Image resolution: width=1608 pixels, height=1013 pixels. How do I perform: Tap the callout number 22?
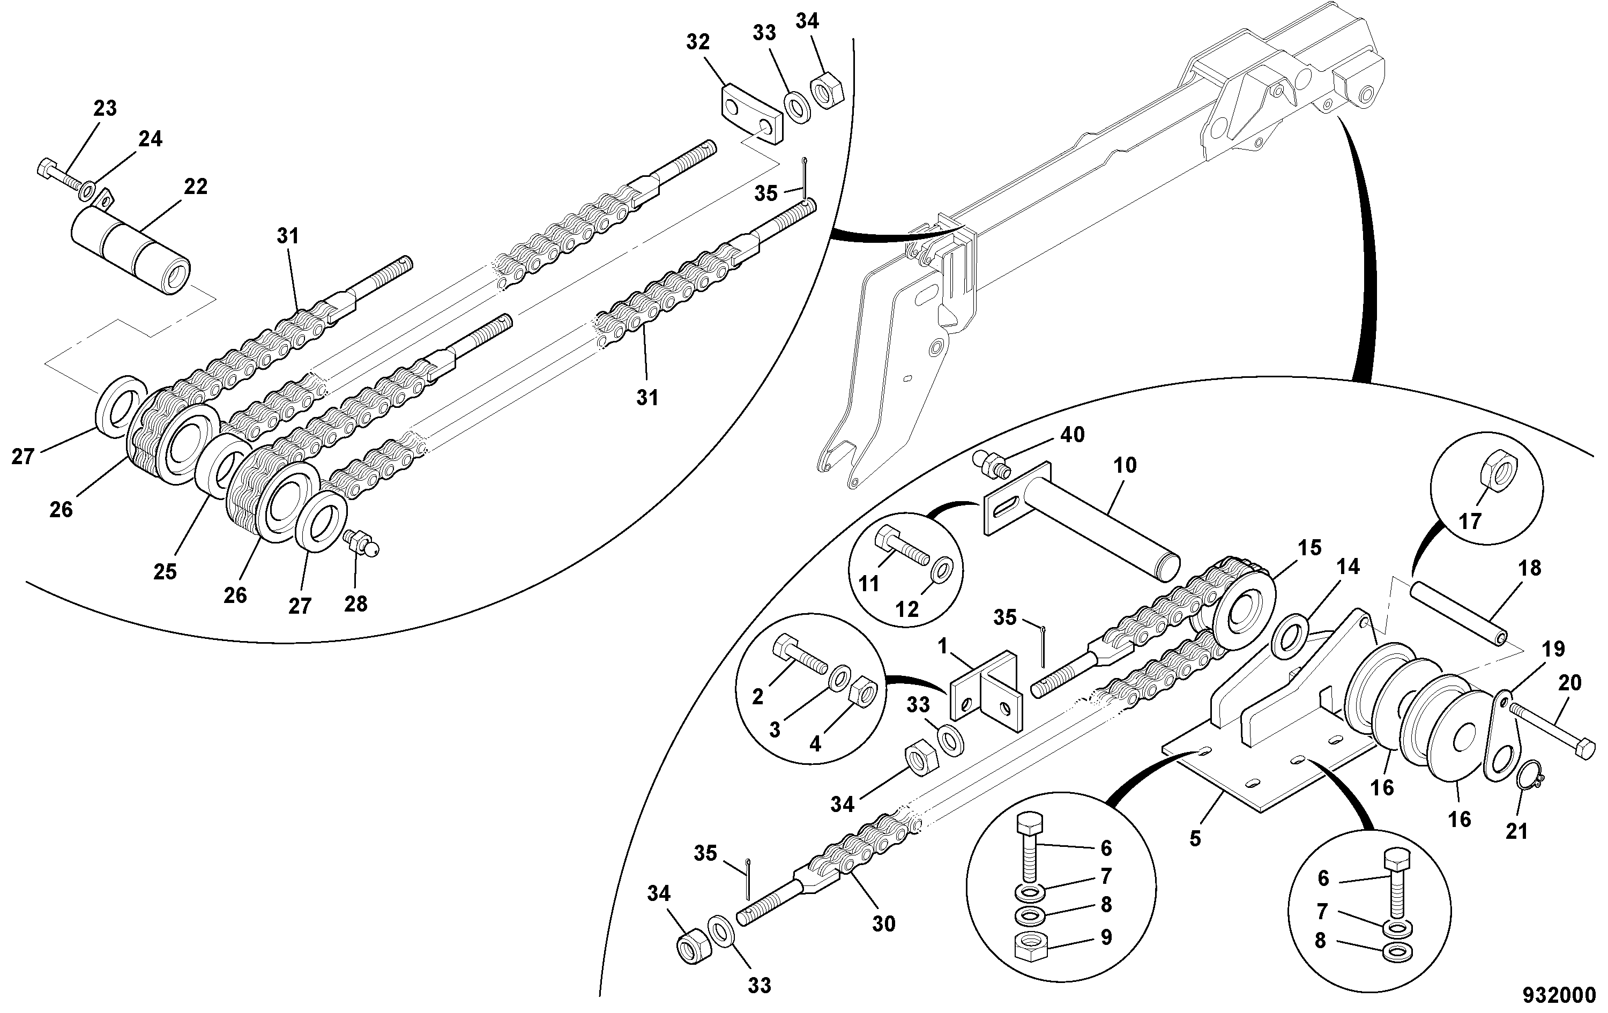196,187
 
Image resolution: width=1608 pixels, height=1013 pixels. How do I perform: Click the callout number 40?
1073,435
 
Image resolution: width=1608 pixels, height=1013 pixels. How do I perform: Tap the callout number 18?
1530,568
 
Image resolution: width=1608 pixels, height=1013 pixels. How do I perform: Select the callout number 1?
943,646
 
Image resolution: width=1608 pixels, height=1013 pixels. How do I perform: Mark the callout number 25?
165,571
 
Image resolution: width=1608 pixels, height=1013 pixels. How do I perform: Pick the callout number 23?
105,108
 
